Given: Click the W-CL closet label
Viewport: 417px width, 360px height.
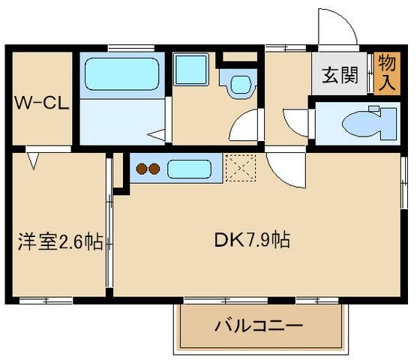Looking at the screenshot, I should click(x=41, y=104).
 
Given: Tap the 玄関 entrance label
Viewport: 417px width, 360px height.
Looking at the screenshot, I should click(x=340, y=76).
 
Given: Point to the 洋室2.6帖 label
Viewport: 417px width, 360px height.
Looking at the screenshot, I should click(x=60, y=241).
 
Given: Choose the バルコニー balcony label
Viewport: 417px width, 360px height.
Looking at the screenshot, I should click(x=259, y=326).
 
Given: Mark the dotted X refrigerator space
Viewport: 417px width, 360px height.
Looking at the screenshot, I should click(x=241, y=169).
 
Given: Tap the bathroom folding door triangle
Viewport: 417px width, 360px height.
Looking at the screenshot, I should click(x=157, y=135).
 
